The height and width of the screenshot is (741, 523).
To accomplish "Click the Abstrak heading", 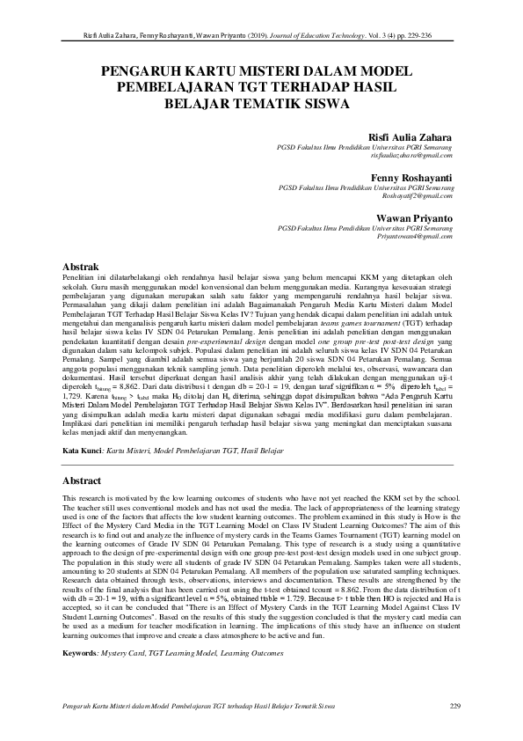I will [85, 265].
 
